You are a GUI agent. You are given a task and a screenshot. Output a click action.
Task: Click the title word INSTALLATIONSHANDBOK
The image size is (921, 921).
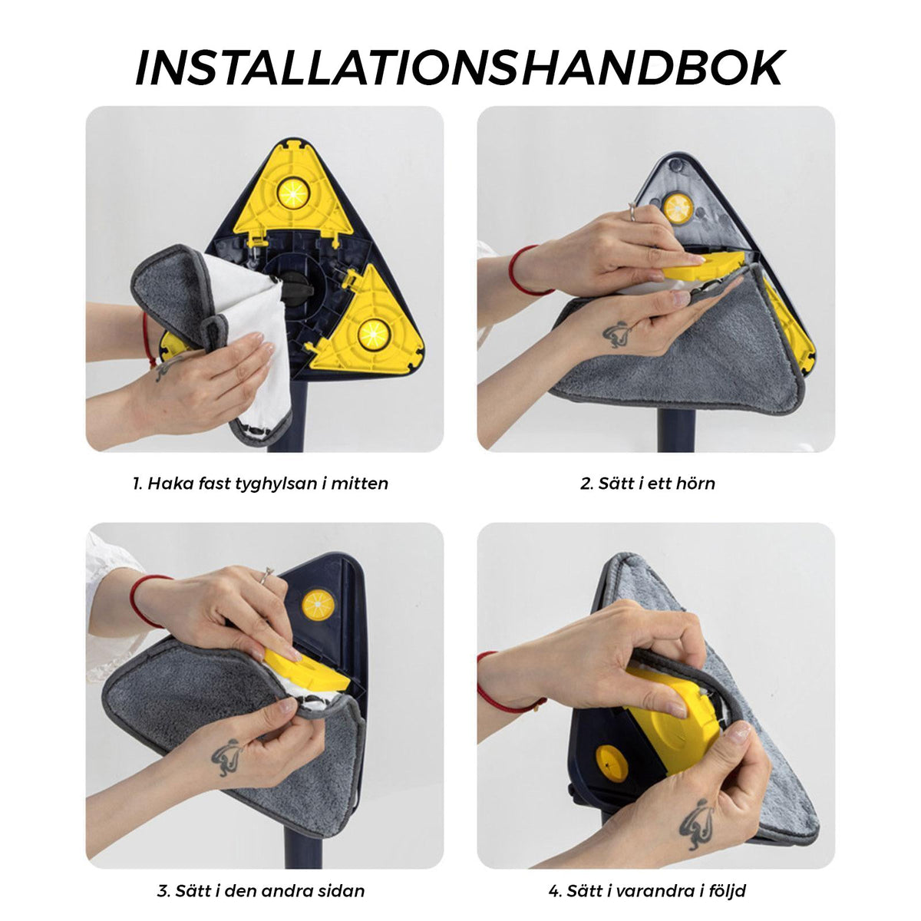pos(460,68)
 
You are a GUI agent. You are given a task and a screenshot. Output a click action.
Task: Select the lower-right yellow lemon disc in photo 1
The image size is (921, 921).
pos(375,334)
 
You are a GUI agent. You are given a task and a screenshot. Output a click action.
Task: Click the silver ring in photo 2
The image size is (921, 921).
pos(632,211)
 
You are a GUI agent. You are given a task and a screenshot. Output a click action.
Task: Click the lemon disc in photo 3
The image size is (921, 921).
pos(319,605)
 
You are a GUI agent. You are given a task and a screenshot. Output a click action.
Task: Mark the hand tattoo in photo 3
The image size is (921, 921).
pos(227,758)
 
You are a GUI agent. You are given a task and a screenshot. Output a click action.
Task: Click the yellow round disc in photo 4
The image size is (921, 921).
pos(611,763)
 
